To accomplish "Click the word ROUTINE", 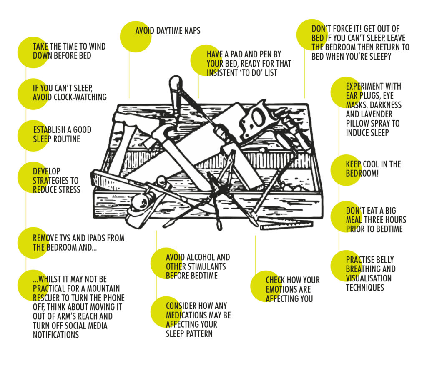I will tap(67, 139).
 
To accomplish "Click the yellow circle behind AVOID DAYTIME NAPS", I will tap(135, 37).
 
